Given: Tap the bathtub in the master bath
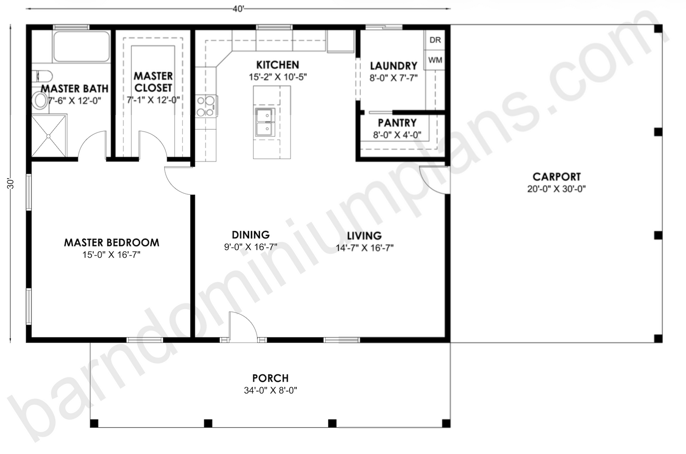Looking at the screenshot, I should click(81, 47).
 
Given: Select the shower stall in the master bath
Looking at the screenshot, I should click(49, 135).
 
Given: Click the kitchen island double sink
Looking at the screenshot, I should click(264, 123).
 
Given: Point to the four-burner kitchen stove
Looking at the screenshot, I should click(207, 106).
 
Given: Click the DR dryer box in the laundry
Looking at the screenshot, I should click(435, 40).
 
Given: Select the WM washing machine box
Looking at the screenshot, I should click(435, 60).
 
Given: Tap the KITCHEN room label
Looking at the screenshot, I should click(278, 65).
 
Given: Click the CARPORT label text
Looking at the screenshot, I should click(556, 177).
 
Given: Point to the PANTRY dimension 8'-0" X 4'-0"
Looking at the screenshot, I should click(397, 135).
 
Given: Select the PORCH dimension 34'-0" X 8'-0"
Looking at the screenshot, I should click(270, 391).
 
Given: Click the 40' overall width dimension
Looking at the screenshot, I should click(238, 9).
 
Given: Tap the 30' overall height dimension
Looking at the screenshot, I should click(11, 183).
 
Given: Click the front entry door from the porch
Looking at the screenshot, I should click(242, 328).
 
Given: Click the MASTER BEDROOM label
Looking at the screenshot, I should click(112, 243).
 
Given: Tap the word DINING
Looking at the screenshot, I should click(251, 235).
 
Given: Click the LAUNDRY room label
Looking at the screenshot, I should click(394, 66).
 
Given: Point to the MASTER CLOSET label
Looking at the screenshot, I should click(153, 82).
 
